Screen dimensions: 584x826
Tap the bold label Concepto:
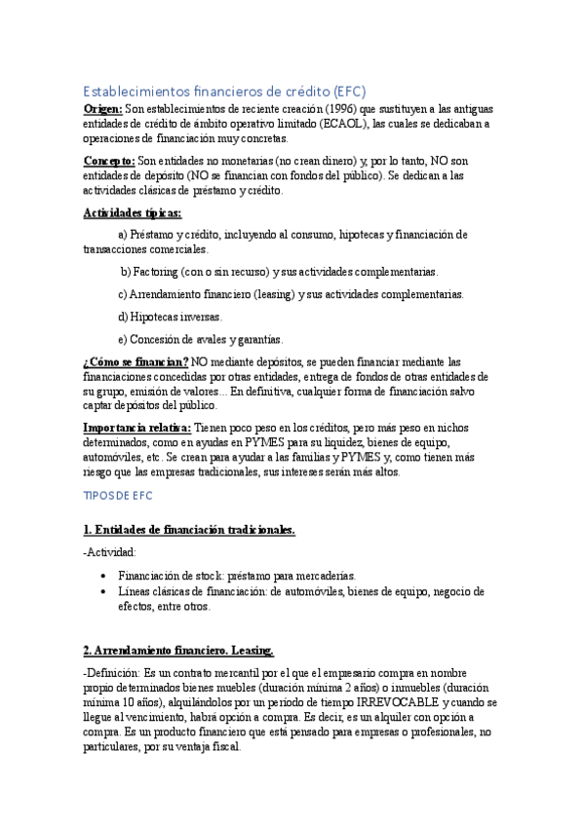pyautogui.click(x=108, y=160)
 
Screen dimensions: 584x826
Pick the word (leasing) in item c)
pyautogui.click(x=280, y=294)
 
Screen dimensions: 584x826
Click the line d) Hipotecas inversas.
pyautogui.click(x=170, y=317)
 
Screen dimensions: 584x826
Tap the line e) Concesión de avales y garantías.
pyautogui.click(x=200, y=340)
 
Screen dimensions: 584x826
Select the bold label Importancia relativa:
pyautogui.click(x=137, y=427)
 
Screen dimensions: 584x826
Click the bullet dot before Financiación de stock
pyautogui.click(x=103, y=576)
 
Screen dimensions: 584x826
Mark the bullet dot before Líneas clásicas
pyautogui.click(x=103, y=591)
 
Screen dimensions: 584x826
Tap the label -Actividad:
pyautogui.click(x=110, y=552)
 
